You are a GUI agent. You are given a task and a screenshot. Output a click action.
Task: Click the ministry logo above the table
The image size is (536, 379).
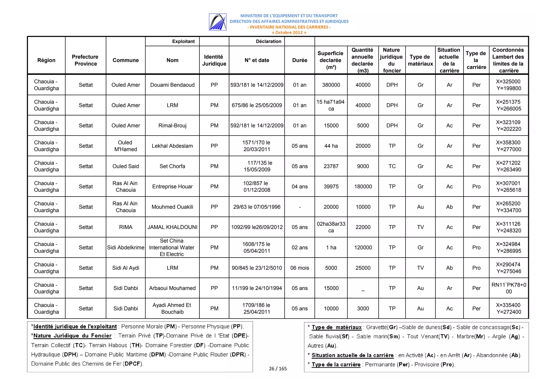tap(217, 22)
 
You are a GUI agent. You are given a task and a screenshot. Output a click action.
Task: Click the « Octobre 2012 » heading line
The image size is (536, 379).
tap(289, 33)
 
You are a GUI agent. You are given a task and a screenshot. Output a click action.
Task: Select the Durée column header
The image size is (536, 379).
tap(299, 60)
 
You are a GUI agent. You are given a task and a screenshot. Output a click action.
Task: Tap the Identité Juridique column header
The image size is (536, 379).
tap(214, 60)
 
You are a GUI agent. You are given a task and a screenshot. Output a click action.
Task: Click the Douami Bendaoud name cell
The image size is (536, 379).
tap(172, 85)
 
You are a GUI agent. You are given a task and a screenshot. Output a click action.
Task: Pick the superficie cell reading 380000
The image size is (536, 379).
tap(331, 85)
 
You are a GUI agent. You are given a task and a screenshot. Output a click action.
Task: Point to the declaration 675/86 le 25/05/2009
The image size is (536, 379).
tap(256, 105)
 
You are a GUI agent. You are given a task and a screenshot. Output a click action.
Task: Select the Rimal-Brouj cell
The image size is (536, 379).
tap(172, 126)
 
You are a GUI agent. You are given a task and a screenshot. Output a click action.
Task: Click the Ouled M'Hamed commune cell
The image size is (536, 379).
tap(125, 146)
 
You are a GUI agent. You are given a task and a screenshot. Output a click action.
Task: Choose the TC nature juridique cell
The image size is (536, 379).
tap(392, 166)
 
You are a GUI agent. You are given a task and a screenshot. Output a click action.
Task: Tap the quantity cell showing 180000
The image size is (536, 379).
tap(363, 187)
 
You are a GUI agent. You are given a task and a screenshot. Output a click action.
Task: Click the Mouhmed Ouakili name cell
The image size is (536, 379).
tap(172, 207)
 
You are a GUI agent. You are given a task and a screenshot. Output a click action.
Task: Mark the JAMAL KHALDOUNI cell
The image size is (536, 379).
tap(172, 227)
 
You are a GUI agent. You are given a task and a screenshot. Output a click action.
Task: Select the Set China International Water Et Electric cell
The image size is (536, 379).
tap(172, 247)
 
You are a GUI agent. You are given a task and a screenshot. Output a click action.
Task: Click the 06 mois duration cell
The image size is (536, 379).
tap(299, 268)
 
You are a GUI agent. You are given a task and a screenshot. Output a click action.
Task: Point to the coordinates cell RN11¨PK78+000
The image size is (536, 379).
tap(509, 288)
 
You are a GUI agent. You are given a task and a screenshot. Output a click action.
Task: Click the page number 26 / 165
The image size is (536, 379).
tap(278, 369)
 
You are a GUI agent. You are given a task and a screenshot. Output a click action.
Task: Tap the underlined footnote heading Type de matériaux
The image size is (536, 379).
tap(336, 327)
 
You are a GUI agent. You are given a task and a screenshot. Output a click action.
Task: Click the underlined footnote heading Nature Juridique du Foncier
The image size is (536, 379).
tap(72, 336)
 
